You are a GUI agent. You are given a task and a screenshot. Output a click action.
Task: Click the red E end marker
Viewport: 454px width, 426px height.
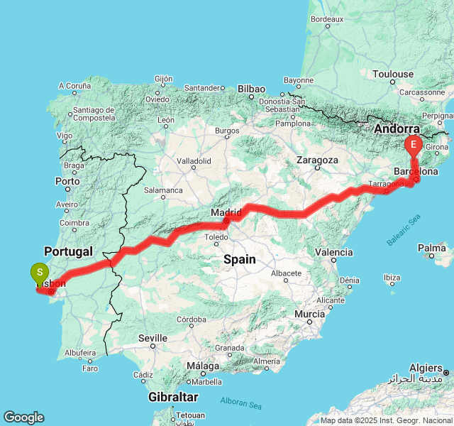(x=413, y=146)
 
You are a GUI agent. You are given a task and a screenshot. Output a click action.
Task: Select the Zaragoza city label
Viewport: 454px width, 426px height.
(x=318, y=160)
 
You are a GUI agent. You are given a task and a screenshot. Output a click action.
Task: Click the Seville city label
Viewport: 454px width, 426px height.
(x=153, y=338)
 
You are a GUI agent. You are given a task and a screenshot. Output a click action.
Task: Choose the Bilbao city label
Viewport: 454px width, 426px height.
(x=252, y=89)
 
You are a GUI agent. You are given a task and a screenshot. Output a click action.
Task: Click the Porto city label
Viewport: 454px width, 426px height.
(x=67, y=181)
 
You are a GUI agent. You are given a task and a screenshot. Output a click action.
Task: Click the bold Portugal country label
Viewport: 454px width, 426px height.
(x=68, y=251)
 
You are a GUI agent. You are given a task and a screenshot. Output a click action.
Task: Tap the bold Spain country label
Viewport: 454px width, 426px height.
(x=240, y=259)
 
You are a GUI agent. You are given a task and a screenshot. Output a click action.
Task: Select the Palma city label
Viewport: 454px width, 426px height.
(x=432, y=248)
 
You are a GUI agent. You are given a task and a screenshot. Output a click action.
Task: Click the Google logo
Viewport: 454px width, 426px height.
(x=23, y=417)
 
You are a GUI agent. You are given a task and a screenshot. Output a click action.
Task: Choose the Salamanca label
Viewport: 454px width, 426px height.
(x=163, y=190)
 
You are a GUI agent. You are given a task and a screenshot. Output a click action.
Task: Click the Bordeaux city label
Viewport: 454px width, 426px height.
(x=327, y=18)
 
